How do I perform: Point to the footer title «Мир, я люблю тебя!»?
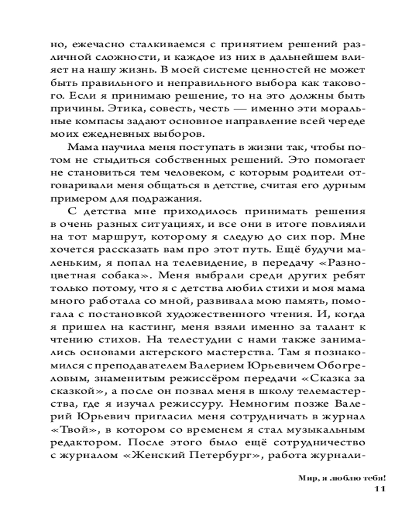tap(340, 478)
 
